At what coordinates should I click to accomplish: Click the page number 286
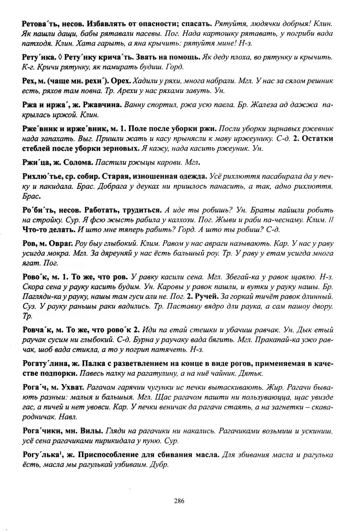pos(179,501)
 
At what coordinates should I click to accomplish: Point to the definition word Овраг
pos(61,244)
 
